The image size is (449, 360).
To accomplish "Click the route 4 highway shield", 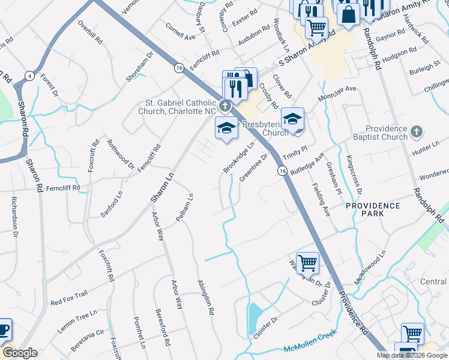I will [x=29, y=76].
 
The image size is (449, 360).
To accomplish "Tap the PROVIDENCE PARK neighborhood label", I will [x=373, y=210].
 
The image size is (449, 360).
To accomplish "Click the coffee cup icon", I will [x=4, y=329].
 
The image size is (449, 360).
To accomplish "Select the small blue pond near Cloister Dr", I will [x=254, y=313].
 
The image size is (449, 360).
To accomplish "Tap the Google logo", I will [x=20, y=353].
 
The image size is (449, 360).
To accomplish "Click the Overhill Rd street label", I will [x=91, y=32].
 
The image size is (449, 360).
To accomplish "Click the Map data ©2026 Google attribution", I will [x=412, y=355].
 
